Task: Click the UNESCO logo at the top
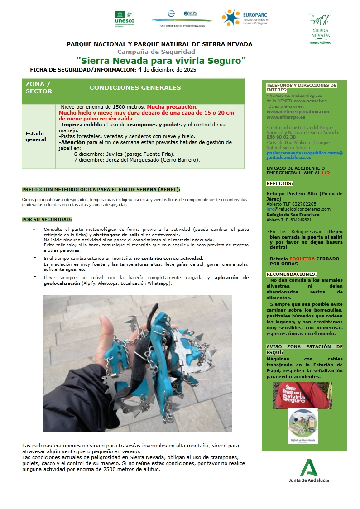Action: coord(125,19)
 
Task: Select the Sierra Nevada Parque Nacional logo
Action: coord(320,28)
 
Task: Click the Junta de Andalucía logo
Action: coord(309,471)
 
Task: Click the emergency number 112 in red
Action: coord(326,173)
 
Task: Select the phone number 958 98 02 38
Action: coord(281,137)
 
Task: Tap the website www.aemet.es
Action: coord(310,101)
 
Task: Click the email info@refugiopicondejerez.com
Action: coord(298,209)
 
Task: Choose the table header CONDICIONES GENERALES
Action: coord(135,88)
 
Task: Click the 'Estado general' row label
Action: coord(35,136)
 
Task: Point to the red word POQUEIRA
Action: coord(302,259)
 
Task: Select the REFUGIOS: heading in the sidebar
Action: coord(279,183)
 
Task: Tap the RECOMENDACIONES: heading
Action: coord(291,274)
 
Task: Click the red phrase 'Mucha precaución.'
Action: coord(172,107)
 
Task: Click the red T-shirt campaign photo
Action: coord(302,395)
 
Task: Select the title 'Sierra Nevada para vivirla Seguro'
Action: coord(161,60)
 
